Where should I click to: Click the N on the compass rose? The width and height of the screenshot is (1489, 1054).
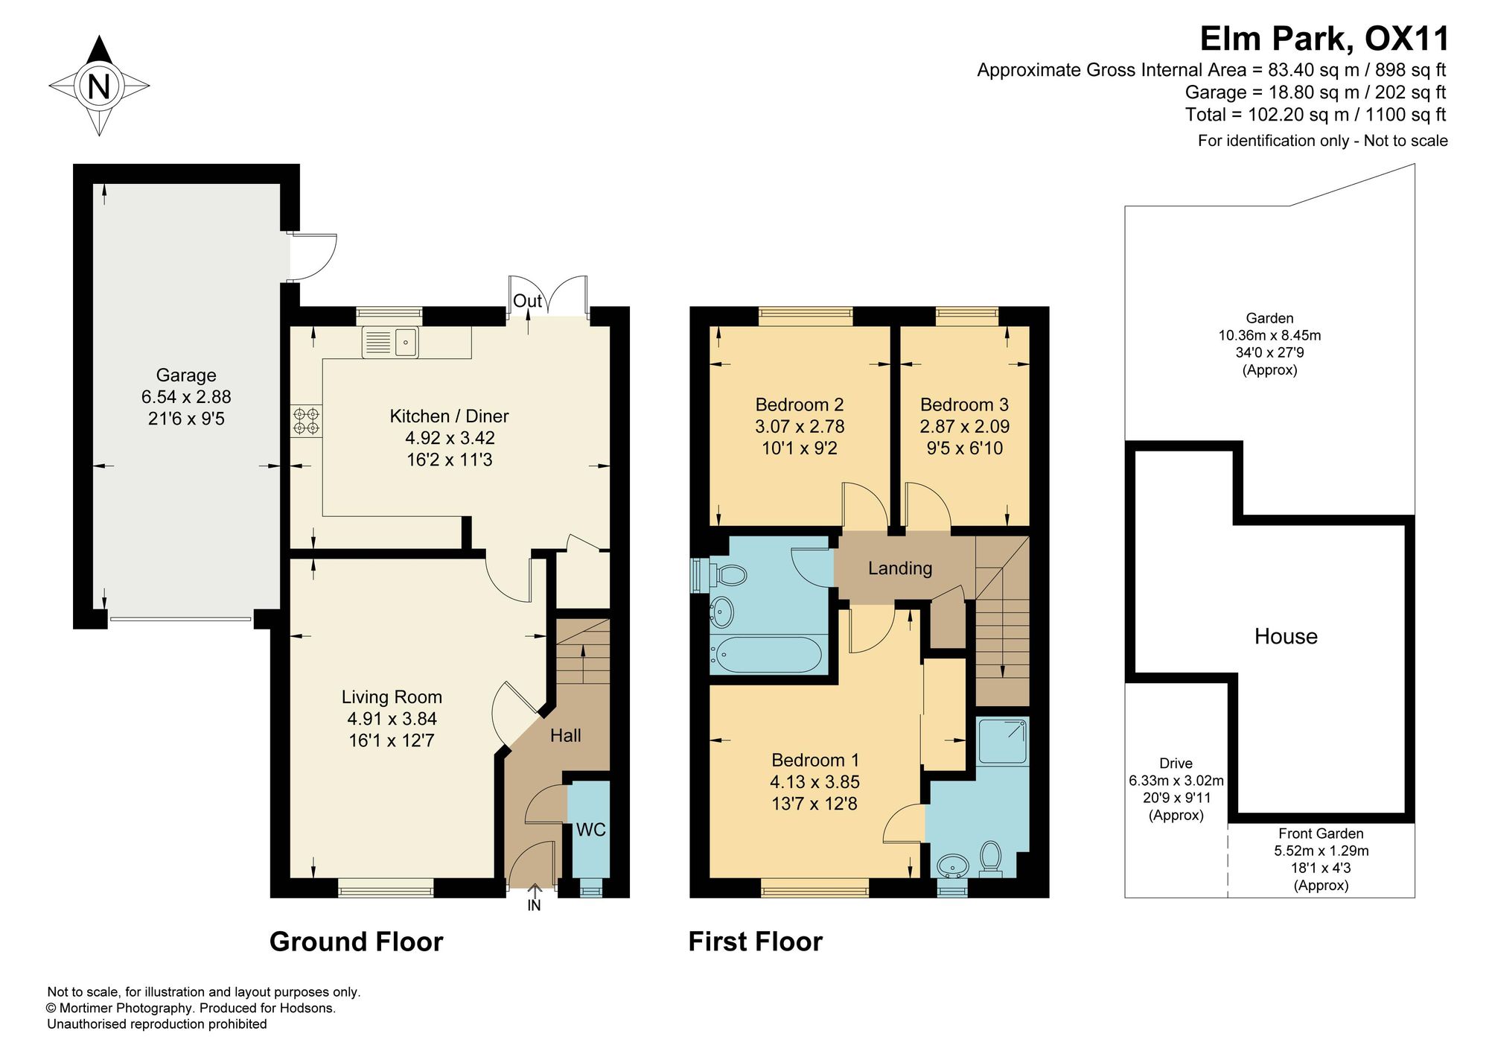coord(99,86)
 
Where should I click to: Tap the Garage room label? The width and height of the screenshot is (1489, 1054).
coord(186,375)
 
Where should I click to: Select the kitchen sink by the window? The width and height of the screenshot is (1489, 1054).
coord(390,343)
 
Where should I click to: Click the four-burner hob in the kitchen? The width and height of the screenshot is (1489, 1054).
coord(306,421)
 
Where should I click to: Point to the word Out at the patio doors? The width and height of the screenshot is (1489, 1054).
coord(527,301)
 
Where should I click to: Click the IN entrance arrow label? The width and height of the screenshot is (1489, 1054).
coord(534,906)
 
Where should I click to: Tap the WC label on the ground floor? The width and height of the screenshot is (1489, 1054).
coord(590,830)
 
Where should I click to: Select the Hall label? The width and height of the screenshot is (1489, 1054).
coord(566,736)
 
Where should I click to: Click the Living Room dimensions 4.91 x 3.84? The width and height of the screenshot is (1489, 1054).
coord(392,719)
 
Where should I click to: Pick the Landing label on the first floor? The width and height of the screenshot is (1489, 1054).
coord(900,568)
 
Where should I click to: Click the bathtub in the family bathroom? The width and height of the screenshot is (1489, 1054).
coord(767,655)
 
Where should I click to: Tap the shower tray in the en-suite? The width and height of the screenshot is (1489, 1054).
coord(1003,741)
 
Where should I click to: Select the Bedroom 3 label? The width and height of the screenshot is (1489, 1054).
coord(964,405)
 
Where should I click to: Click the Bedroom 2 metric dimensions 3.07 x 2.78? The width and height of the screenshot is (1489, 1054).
coord(800,427)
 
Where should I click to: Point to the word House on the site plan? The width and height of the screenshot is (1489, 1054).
coord(1286,636)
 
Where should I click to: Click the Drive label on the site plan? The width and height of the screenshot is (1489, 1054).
coord(1176,763)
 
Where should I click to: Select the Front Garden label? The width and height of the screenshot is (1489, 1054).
coord(1321,834)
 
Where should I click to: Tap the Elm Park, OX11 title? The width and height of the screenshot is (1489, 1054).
coord(1324,39)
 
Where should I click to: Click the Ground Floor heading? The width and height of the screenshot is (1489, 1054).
coord(356,942)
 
